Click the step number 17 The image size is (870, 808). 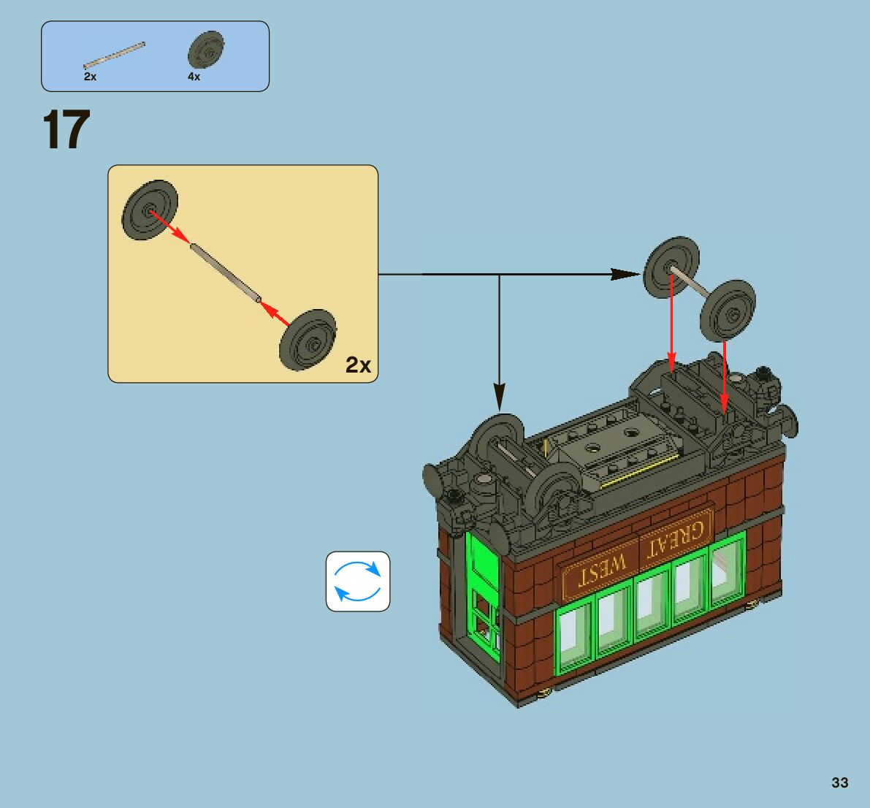click(x=66, y=130)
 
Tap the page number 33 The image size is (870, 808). click(x=839, y=782)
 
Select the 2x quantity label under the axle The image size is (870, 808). click(x=90, y=76)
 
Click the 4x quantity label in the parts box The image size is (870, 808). click(x=194, y=76)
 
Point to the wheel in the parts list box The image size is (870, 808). click(x=205, y=50)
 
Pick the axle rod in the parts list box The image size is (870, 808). click(x=114, y=55)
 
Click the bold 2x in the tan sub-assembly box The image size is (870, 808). click(x=358, y=365)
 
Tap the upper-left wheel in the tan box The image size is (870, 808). click(x=150, y=211)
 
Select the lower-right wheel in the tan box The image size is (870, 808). click(x=308, y=340)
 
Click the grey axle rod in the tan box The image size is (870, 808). click(x=225, y=272)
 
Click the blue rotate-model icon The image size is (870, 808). click(x=358, y=582)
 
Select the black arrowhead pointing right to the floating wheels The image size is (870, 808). click(x=625, y=274)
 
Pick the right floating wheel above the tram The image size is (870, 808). click(x=727, y=310)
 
